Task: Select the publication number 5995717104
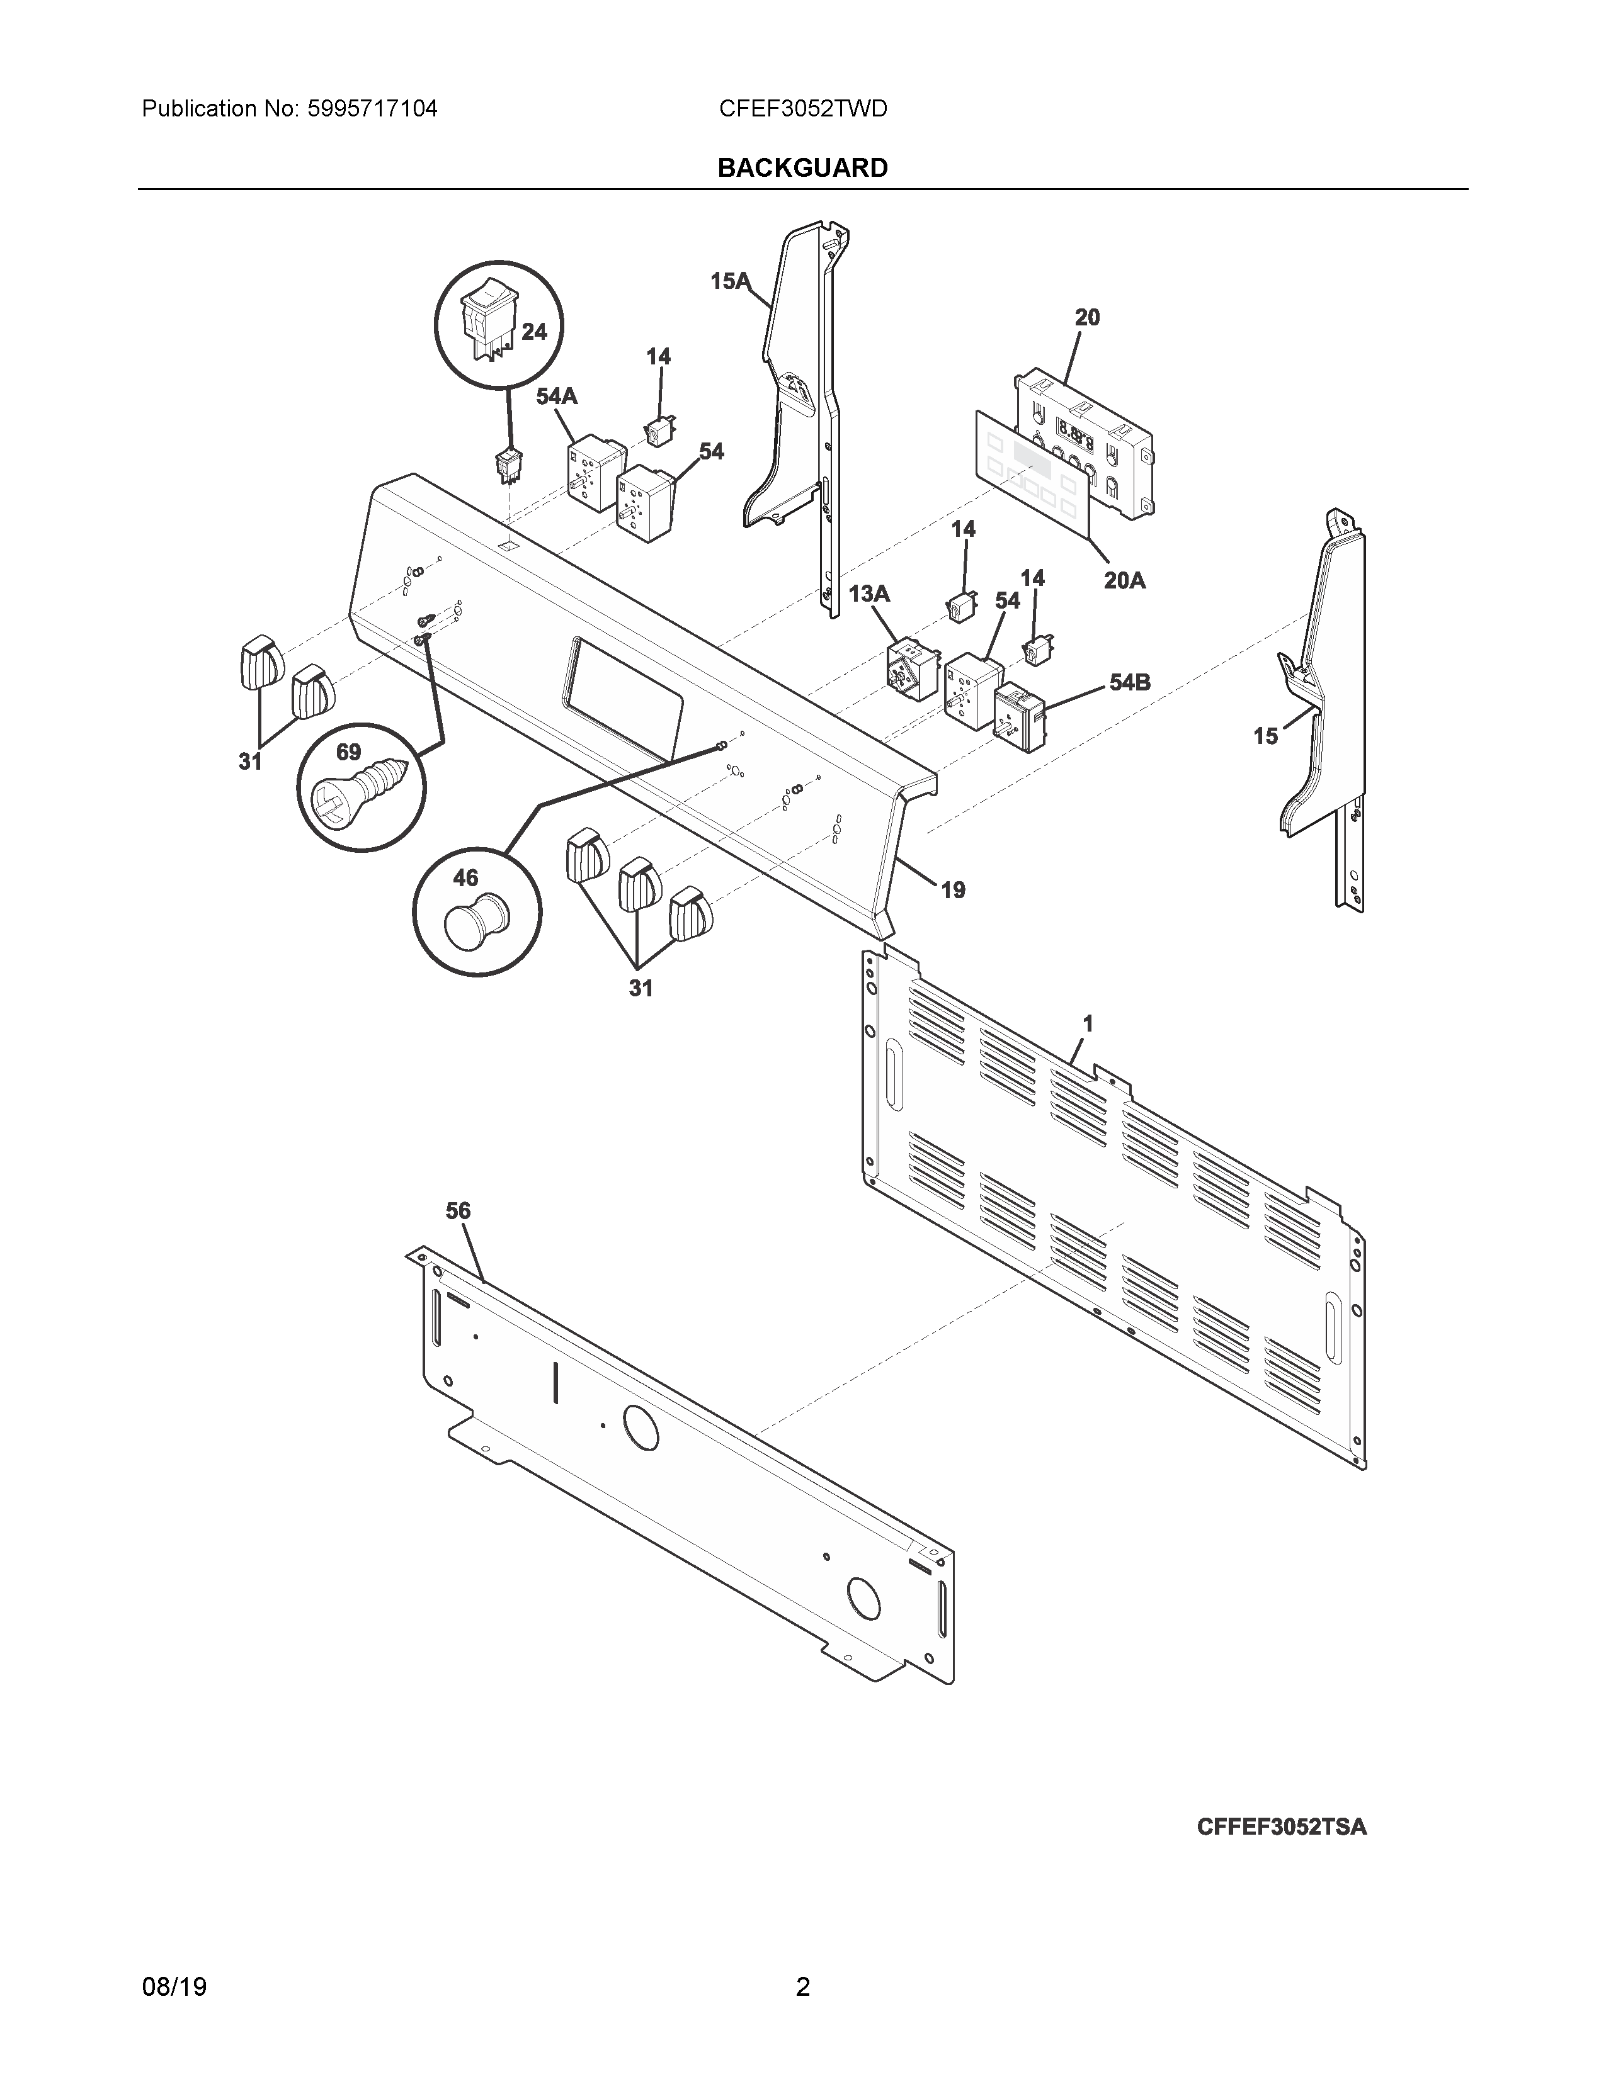[372, 110]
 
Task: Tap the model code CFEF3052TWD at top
[803, 110]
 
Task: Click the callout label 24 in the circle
[533, 331]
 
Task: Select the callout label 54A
[557, 397]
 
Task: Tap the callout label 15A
[730, 281]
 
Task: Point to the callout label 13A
[868, 594]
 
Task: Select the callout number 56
[458, 1210]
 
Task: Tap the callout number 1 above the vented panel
[1088, 1023]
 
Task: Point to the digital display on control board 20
[1076, 439]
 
